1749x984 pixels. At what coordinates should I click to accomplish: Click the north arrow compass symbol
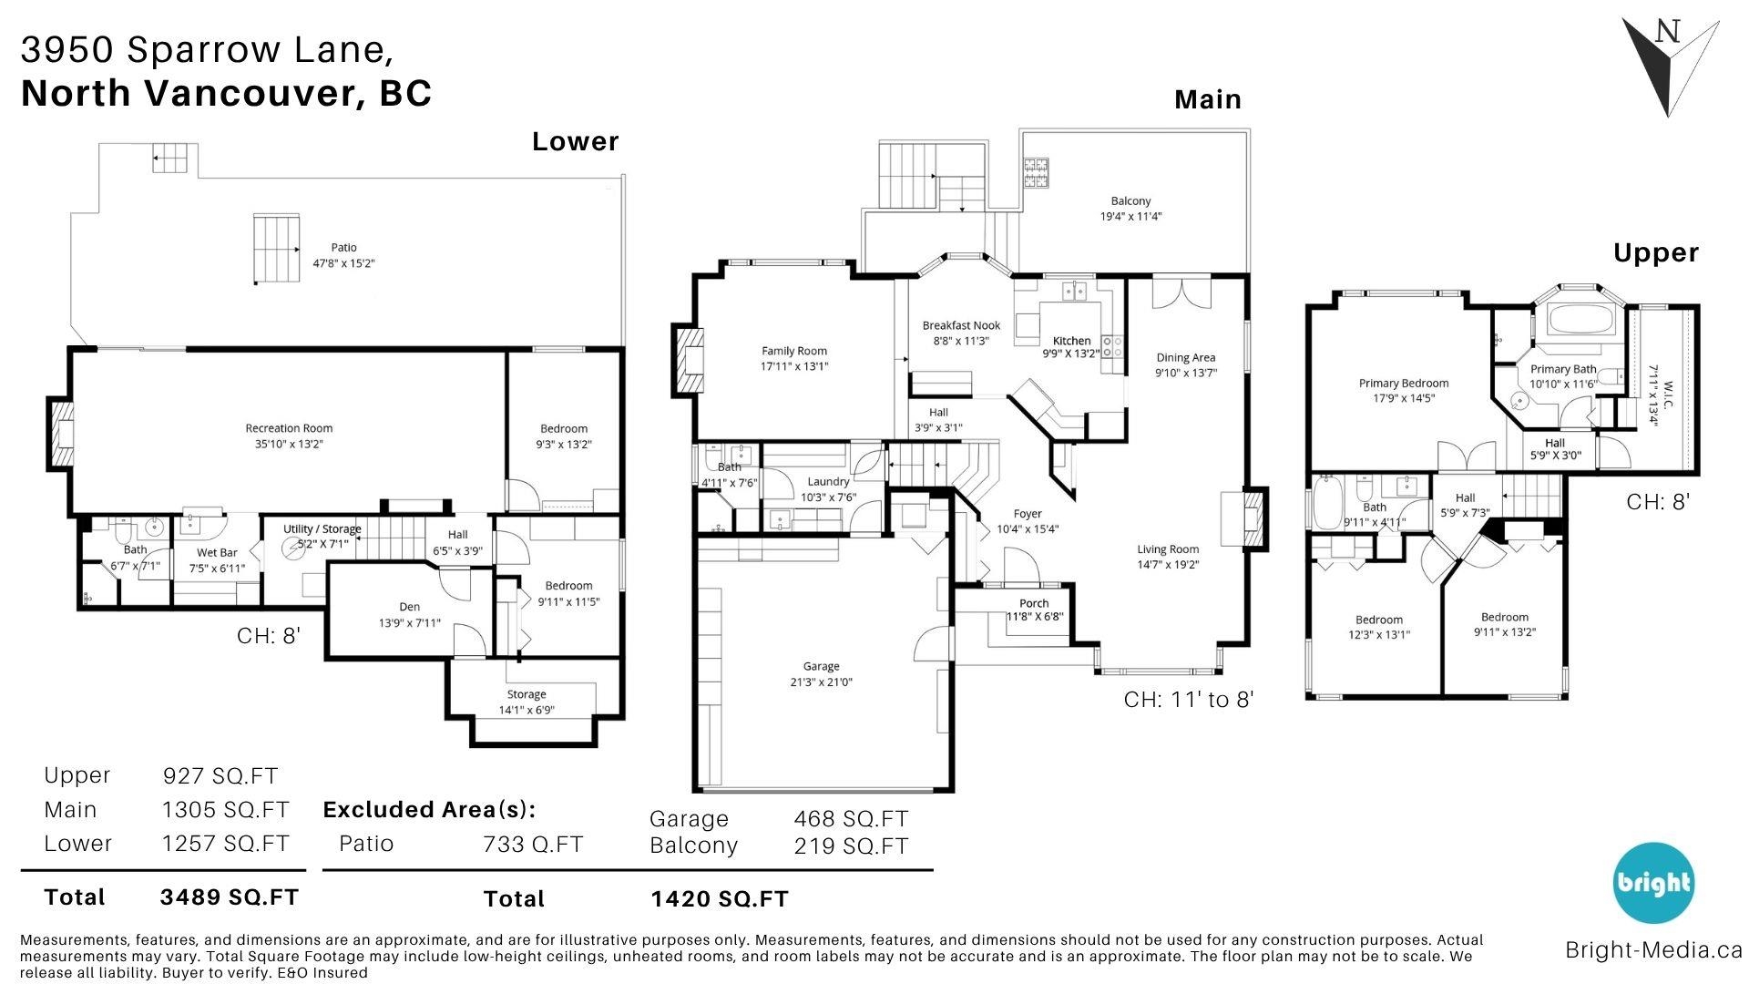click(x=1670, y=68)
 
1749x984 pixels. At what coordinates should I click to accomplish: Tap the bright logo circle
click(x=1653, y=883)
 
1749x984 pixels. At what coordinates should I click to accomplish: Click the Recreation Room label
click(x=289, y=428)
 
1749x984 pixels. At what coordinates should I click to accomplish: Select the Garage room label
click(x=821, y=666)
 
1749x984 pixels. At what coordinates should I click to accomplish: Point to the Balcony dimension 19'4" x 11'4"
click(x=1130, y=217)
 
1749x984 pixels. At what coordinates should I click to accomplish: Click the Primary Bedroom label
click(x=1404, y=384)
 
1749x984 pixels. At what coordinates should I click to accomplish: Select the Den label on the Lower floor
click(x=409, y=607)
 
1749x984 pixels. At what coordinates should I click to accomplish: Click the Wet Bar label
click(x=217, y=552)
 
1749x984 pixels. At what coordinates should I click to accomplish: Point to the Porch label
click(x=1034, y=603)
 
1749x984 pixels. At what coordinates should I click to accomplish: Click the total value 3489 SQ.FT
click(x=229, y=897)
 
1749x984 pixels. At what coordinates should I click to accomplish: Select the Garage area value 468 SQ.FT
click(x=851, y=819)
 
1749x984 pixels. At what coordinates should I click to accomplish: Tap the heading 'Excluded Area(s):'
click(x=430, y=810)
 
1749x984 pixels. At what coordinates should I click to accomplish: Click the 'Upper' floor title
click(x=1656, y=253)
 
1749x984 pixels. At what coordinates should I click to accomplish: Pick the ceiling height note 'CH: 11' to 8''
click(x=1189, y=700)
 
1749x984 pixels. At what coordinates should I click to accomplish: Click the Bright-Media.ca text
click(x=1653, y=950)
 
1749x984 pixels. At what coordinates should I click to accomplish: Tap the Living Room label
click(x=1168, y=549)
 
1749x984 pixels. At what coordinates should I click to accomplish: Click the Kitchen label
click(x=1071, y=341)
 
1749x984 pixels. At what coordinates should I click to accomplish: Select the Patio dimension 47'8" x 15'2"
click(x=344, y=263)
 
